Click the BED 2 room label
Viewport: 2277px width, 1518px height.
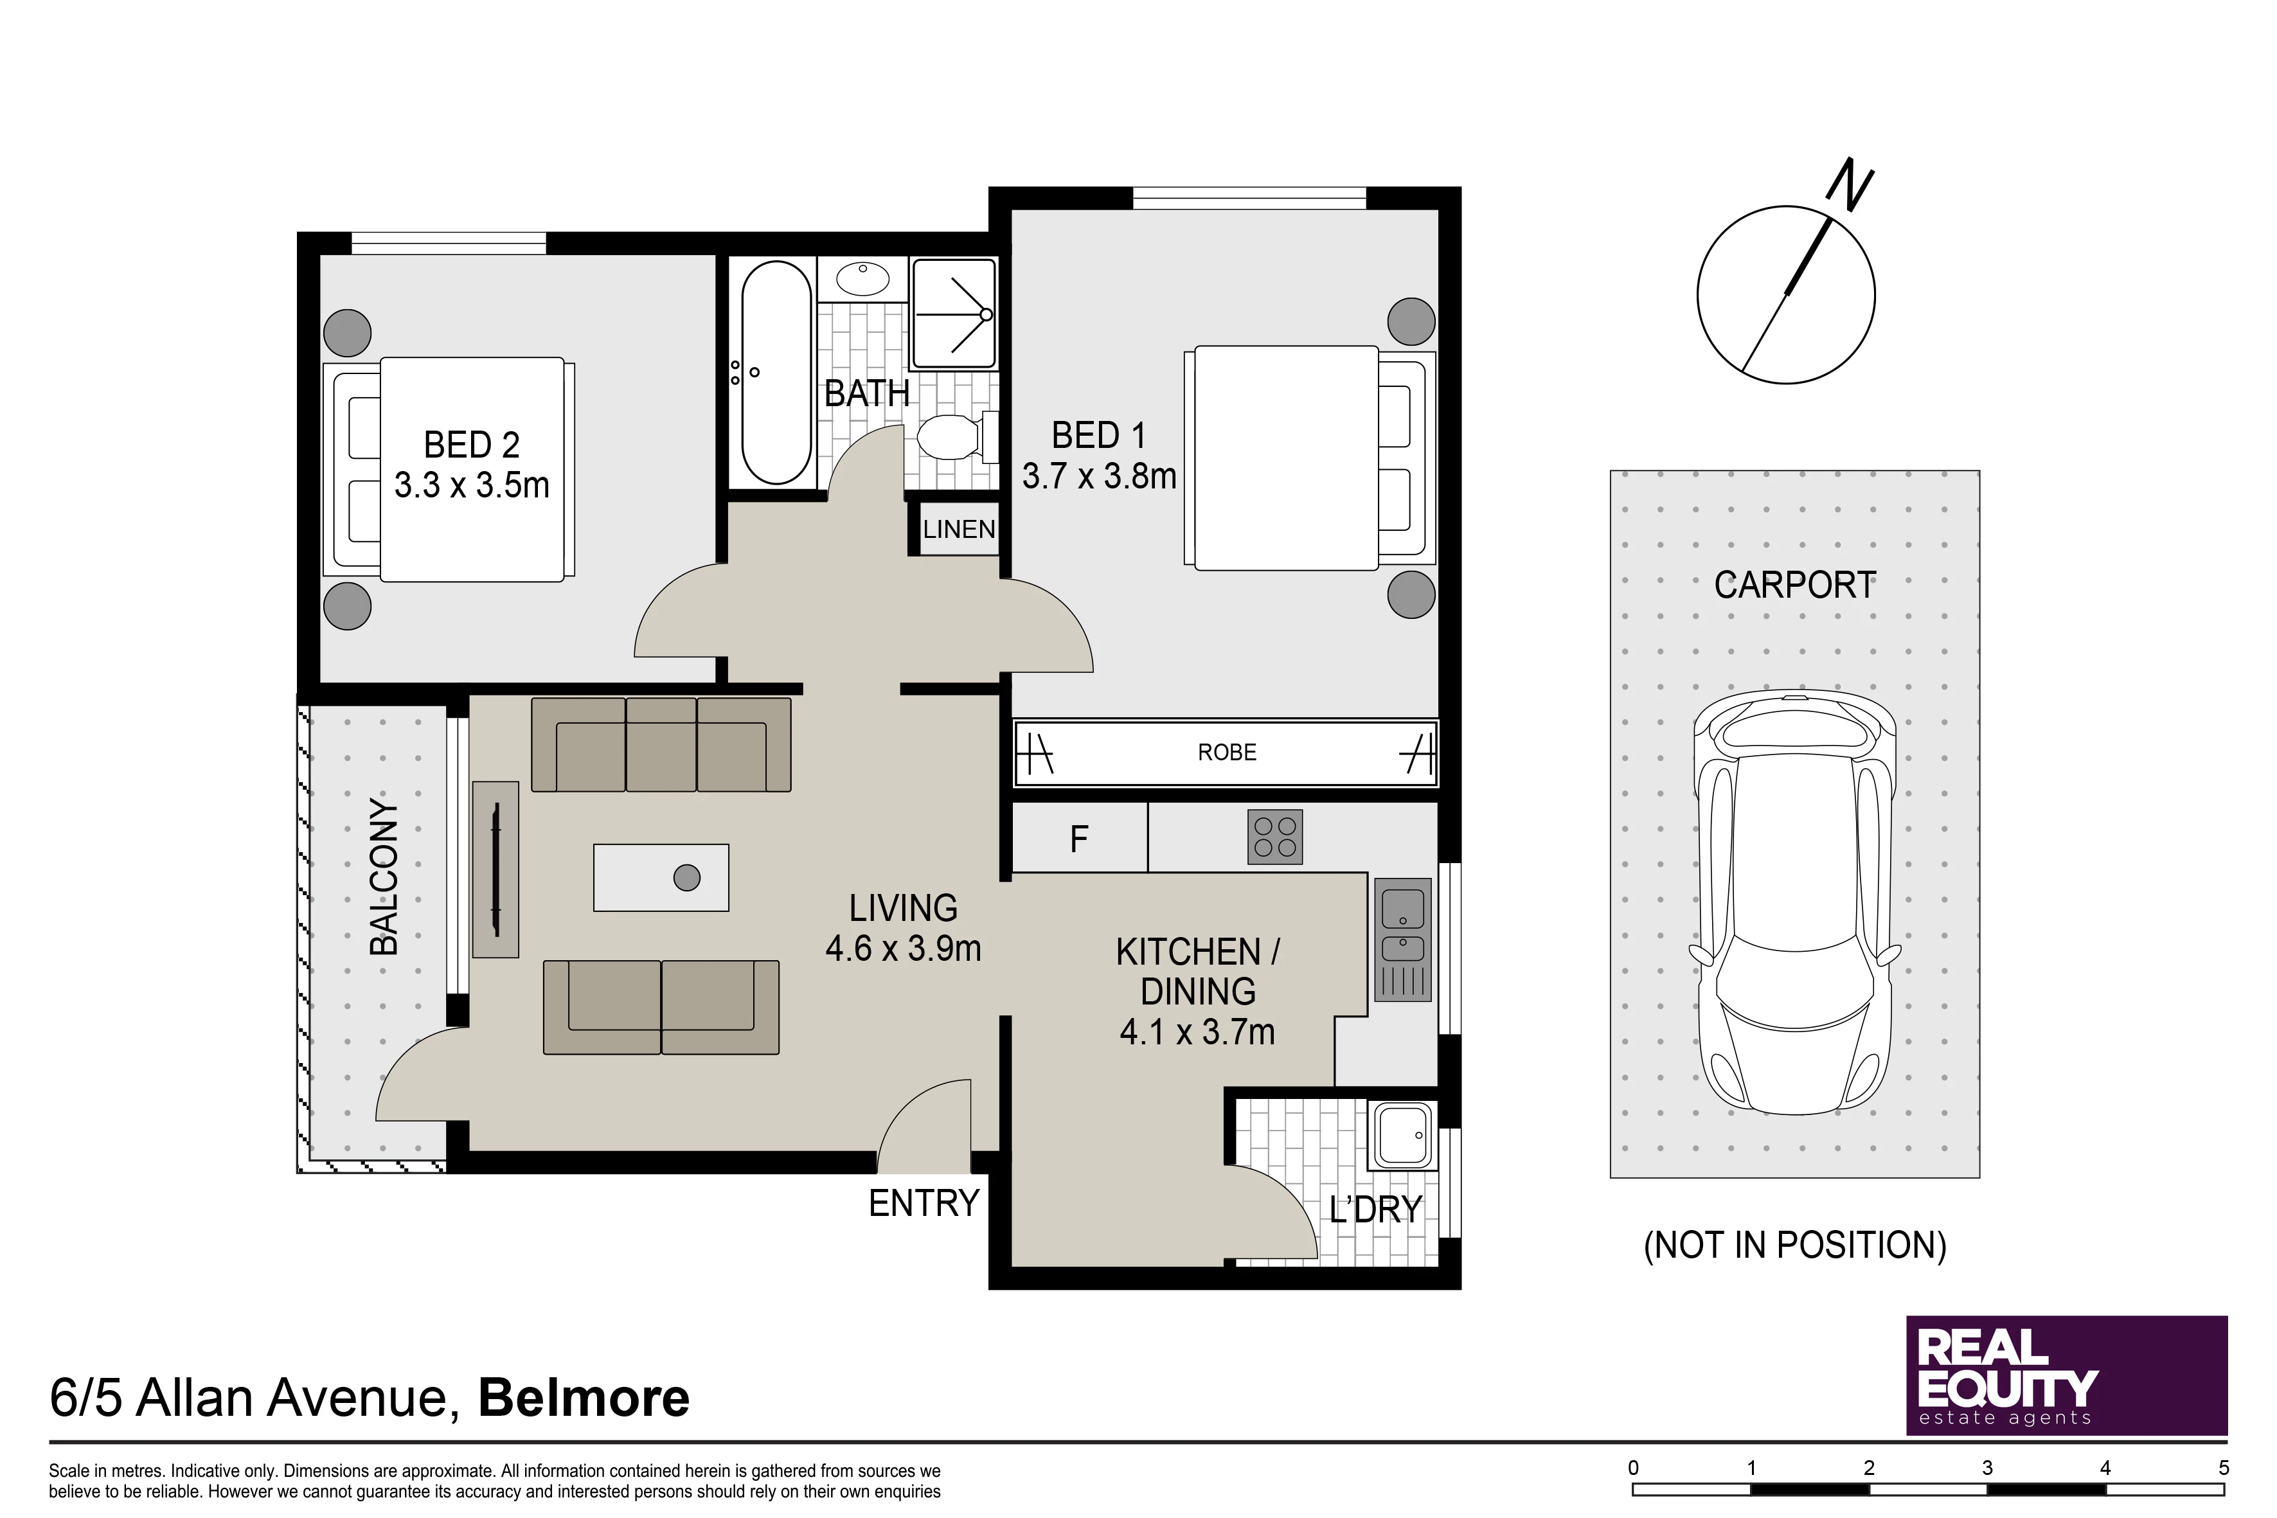[472, 445]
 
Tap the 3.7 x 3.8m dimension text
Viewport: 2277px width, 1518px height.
[1099, 476]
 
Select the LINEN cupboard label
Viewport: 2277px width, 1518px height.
[958, 530]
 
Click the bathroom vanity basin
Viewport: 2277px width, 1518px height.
[862, 280]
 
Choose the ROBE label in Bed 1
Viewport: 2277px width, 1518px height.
[1227, 752]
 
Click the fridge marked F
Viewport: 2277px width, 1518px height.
[1080, 839]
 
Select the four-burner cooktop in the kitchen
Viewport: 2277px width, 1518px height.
[1275, 837]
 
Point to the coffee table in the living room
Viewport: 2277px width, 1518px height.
[661, 878]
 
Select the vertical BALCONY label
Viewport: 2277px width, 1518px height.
[384, 877]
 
